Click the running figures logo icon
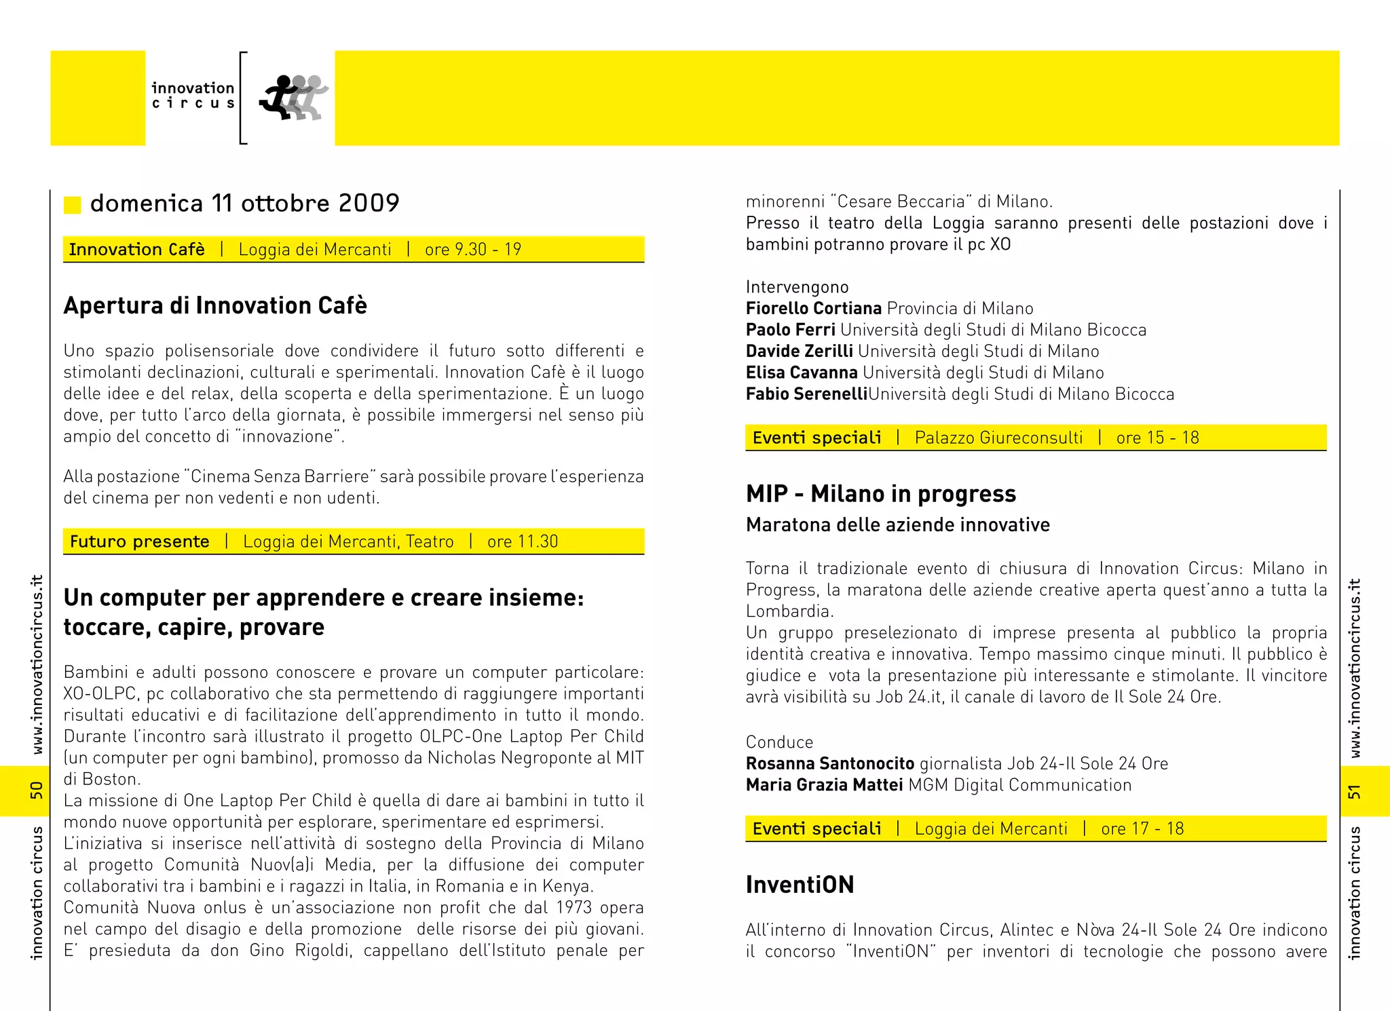293,98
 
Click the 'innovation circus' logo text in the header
193,96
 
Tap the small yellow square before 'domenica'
72,204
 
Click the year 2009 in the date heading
369,203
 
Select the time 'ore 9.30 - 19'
473,250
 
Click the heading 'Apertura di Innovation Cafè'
215,306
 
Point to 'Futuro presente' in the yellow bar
139,541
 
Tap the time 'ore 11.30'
522,541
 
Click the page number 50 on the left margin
36,790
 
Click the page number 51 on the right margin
1354,791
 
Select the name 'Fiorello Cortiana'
813,309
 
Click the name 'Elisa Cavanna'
802,373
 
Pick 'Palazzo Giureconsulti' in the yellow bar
998,438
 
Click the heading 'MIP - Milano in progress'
880,494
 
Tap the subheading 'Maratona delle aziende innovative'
897,524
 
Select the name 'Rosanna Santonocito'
829,763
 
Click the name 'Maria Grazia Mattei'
824,785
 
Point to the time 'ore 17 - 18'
1142,828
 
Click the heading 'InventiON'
800,885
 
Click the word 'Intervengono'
797,287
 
